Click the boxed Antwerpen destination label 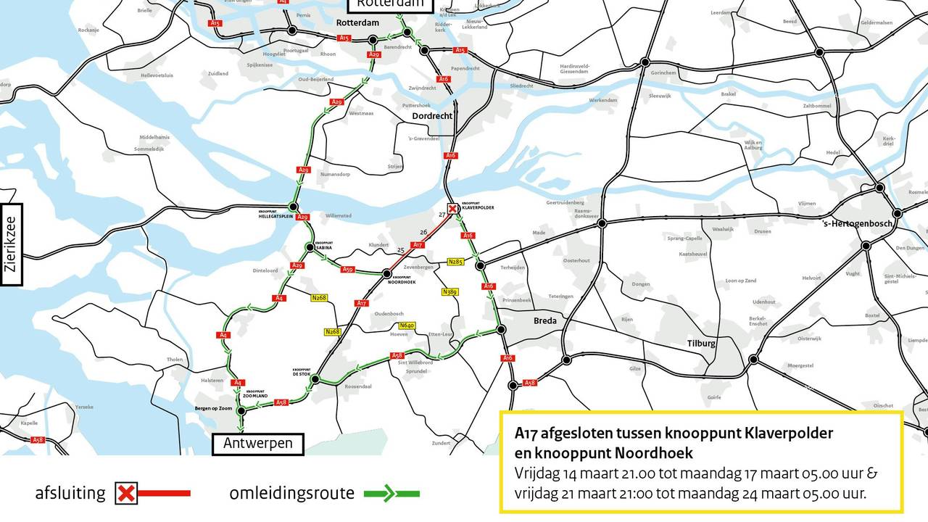(258, 443)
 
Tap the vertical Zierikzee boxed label (10, 244)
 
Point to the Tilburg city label (701, 344)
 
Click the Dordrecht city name (432, 116)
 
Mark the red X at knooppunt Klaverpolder (452, 209)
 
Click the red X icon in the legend (126, 494)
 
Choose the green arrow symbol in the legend (396, 494)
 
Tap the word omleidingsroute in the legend (292, 494)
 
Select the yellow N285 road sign (455, 262)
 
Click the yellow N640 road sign (407, 326)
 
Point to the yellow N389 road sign (449, 291)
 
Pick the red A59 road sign (347, 270)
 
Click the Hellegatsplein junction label (274, 215)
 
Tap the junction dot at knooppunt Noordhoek (387, 273)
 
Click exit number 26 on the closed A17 (423, 232)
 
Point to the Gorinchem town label (663, 73)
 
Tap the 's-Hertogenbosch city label (857, 223)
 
